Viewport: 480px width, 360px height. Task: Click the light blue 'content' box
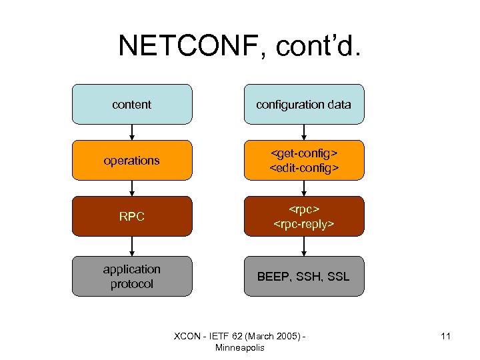coord(132,105)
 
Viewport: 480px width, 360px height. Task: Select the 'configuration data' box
coord(304,105)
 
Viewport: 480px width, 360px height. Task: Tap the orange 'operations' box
coord(132,161)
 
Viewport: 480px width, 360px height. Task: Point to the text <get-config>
coord(303,154)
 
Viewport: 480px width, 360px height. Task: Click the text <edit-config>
coord(303,168)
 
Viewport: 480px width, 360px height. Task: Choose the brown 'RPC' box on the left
coord(132,217)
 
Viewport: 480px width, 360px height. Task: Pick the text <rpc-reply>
coord(304,224)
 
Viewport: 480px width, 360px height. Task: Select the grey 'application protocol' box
coord(132,276)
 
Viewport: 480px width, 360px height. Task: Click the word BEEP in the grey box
coord(273,276)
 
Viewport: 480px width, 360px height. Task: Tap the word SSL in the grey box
coord(337,276)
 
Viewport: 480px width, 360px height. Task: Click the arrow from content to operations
coord(132,132)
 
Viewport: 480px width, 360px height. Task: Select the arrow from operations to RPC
coord(132,188)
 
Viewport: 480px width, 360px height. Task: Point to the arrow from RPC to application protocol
coord(132,246)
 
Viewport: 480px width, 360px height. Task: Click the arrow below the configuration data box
coord(304,132)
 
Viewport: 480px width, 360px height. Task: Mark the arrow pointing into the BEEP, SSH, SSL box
coord(304,246)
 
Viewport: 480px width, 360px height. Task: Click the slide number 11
coord(445,336)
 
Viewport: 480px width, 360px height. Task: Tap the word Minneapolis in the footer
coord(240,347)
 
